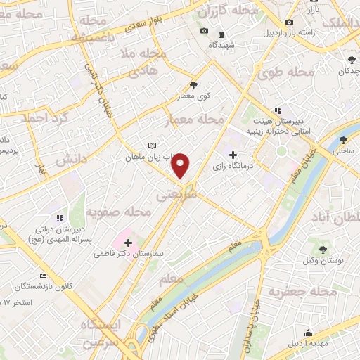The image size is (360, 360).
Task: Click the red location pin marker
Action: [181, 165]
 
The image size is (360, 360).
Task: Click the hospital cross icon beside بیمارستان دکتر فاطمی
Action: [127, 241]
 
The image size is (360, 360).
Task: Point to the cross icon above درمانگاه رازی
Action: [233, 155]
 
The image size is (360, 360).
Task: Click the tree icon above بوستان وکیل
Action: [323, 249]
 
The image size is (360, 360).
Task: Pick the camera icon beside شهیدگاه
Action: [204, 31]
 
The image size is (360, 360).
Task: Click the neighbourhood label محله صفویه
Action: [119, 211]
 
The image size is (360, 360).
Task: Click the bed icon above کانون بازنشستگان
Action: [43, 275]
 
